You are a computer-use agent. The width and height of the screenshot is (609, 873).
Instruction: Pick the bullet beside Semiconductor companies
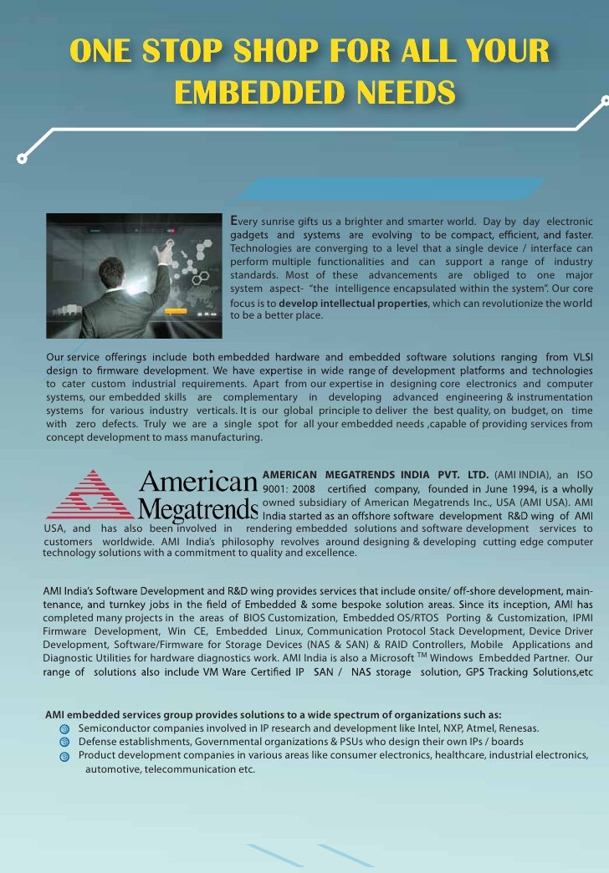click(64, 729)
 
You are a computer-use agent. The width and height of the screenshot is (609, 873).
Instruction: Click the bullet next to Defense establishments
click(64, 743)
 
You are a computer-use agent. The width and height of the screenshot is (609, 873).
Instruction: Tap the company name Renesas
click(519, 728)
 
